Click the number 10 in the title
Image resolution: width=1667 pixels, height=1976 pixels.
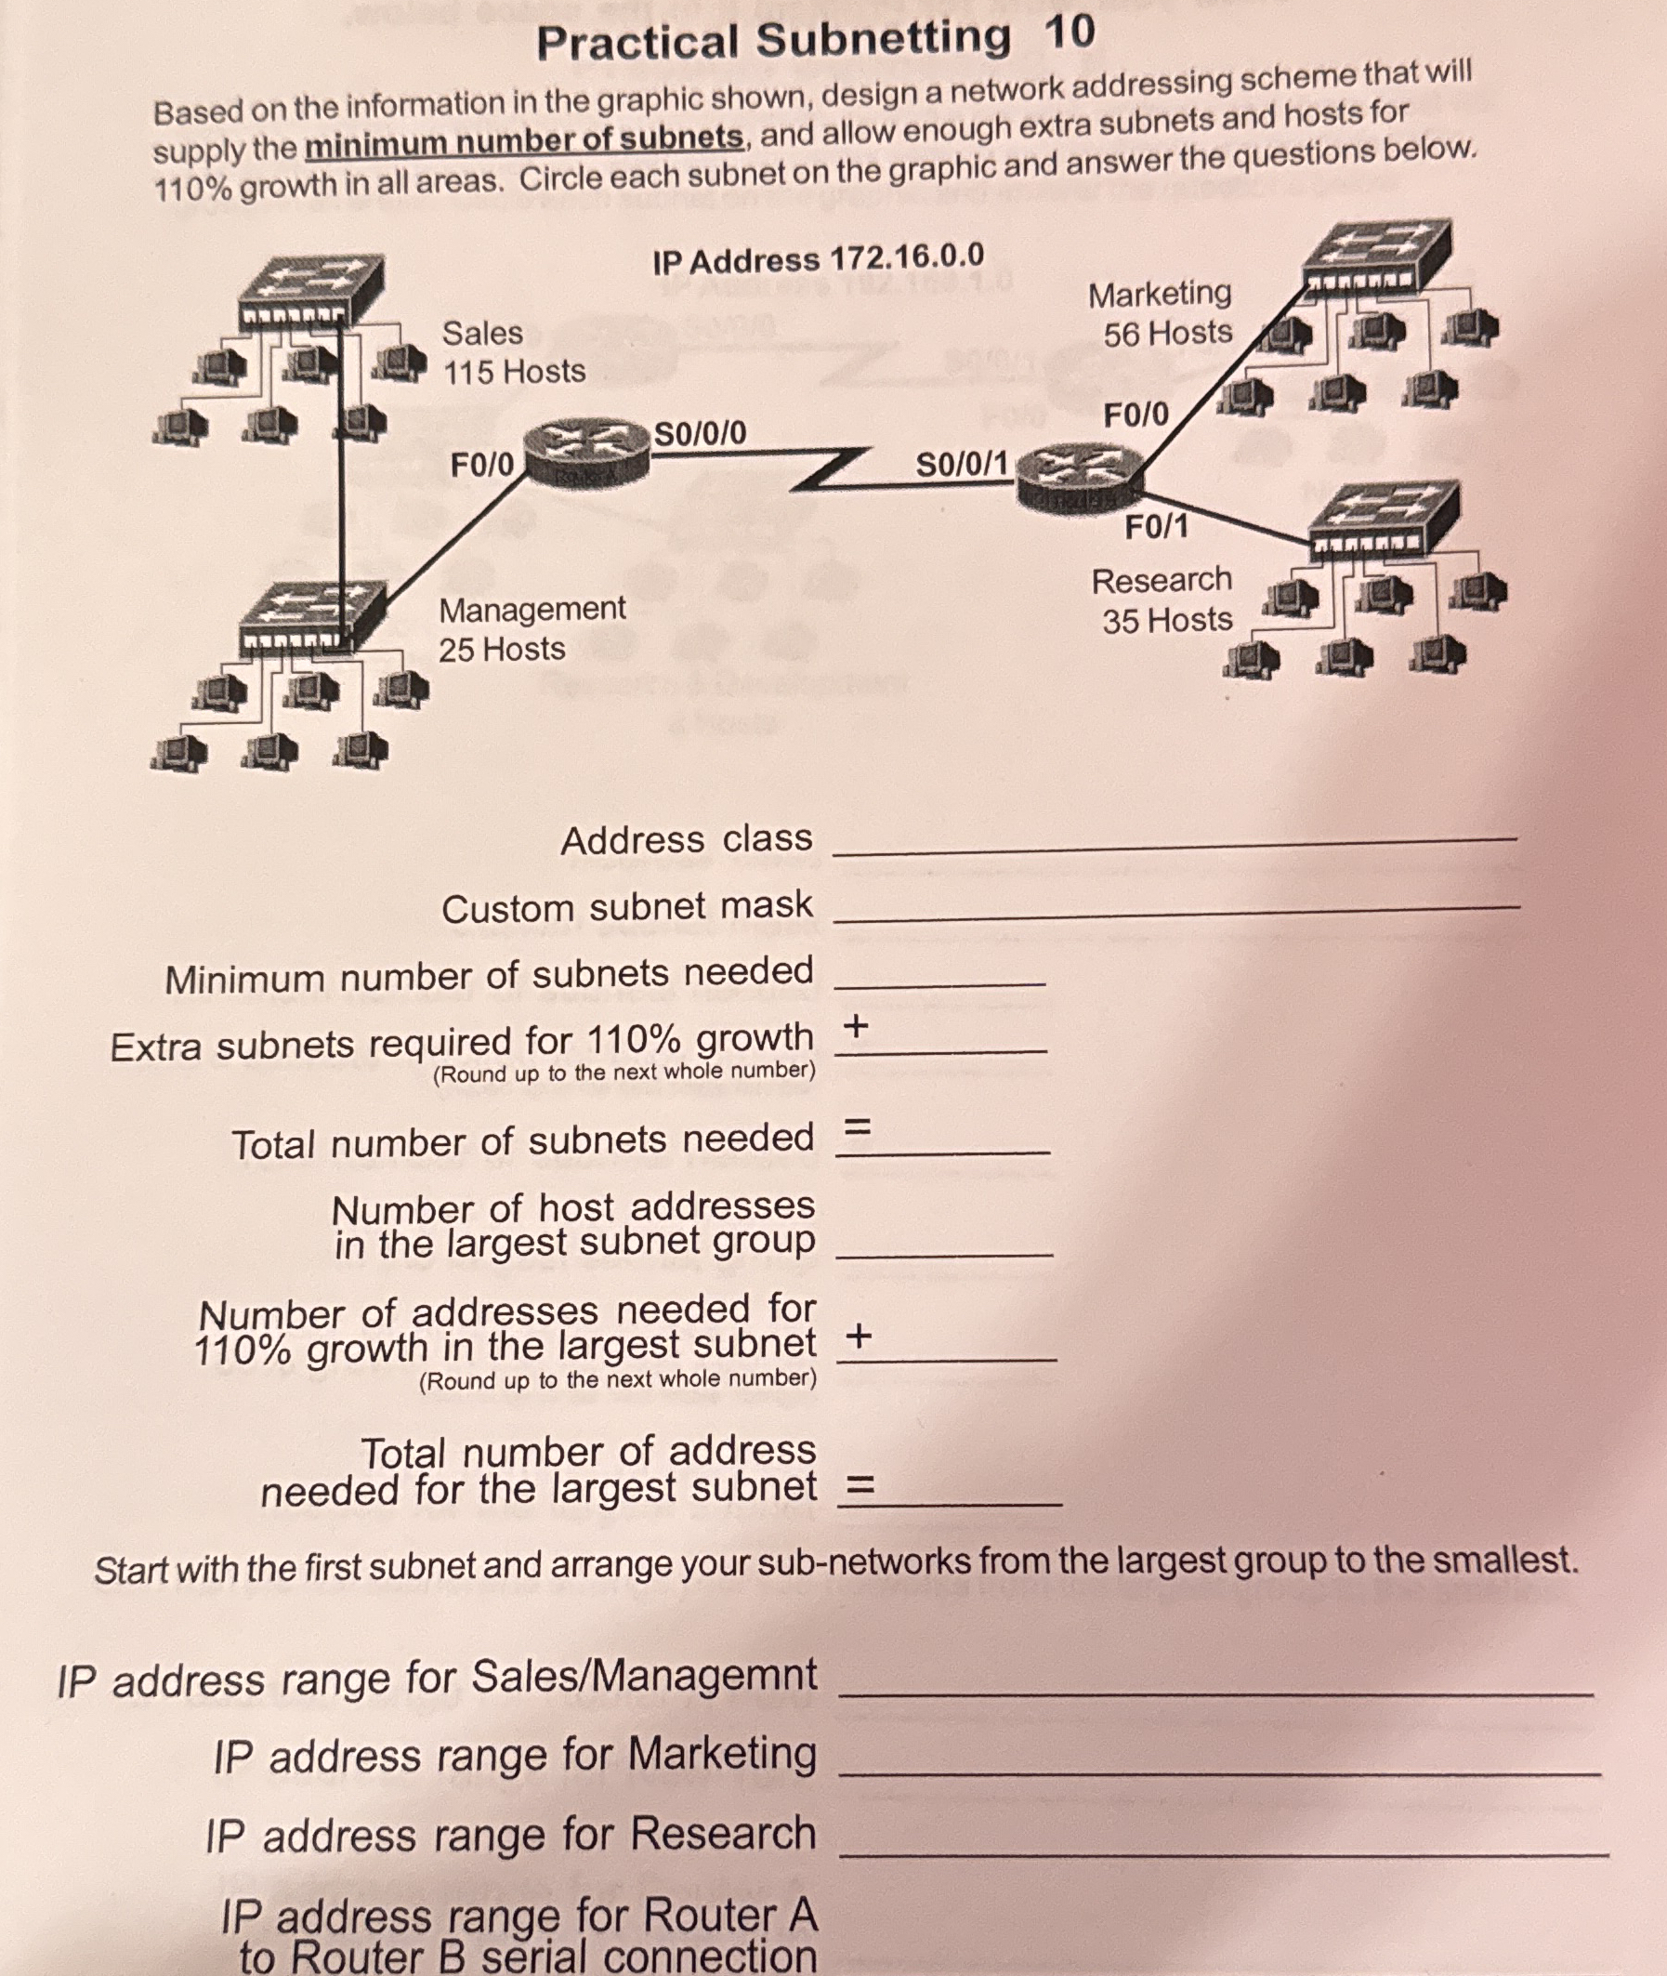point(1070,34)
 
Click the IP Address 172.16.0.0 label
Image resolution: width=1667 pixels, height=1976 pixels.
point(819,257)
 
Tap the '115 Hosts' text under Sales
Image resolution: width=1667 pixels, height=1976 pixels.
point(514,372)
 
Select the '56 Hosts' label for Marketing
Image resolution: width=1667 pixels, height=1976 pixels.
point(1168,333)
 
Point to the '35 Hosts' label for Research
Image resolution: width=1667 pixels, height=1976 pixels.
point(1167,620)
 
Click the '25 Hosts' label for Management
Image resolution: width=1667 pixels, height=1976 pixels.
point(502,649)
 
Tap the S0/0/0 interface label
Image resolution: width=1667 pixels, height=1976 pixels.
point(701,434)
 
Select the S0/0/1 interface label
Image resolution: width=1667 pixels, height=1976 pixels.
point(962,464)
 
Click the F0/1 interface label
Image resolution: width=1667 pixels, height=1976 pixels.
point(1156,527)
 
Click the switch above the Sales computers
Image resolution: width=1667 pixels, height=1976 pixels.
point(311,288)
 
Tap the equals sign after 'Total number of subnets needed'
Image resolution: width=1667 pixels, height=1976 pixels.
point(855,1127)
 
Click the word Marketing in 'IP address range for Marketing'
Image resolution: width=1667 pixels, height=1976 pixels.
point(722,1754)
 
